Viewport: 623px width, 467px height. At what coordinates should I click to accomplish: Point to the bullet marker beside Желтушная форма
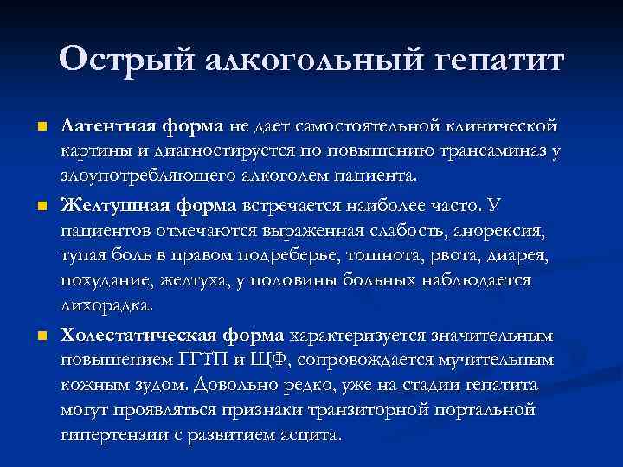click(42, 206)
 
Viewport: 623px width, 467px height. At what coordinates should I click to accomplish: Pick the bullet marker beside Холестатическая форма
click(42, 335)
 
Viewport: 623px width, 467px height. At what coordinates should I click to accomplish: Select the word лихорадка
click(106, 306)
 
